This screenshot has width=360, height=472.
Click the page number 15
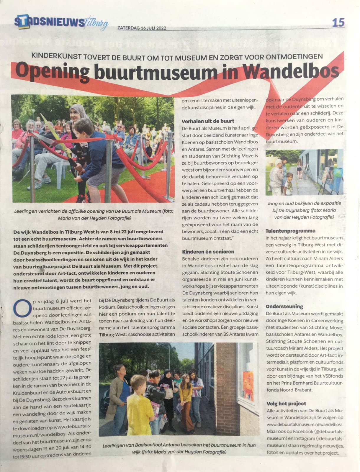338,22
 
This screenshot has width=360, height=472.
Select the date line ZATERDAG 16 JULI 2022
142,28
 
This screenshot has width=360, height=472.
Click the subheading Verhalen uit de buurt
208,121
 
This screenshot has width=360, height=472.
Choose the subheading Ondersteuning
284,306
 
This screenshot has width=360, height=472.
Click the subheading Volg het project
286,403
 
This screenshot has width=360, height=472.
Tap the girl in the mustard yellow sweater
186,392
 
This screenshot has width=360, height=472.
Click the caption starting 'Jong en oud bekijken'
304,210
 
